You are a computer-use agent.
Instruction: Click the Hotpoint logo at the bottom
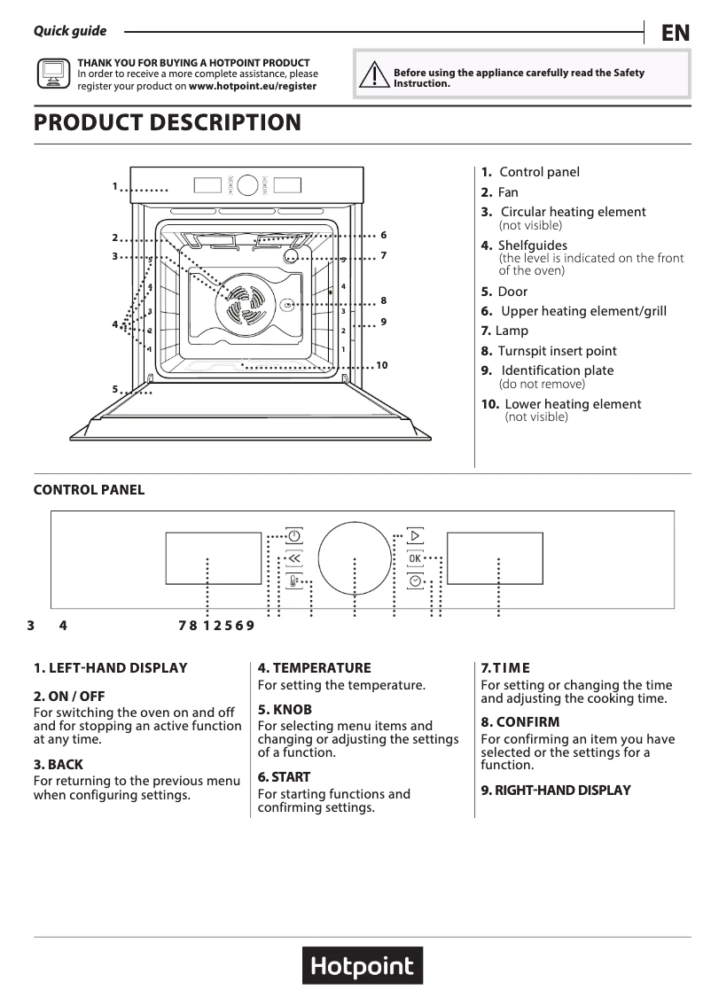[x=363, y=965]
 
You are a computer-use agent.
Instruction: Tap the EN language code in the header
[x=676, y=34]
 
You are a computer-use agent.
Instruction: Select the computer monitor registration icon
[x=52, y=74]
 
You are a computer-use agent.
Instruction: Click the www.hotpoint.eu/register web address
[x=253, y=87]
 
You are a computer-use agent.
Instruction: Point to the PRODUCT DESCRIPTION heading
[x=168, y=122]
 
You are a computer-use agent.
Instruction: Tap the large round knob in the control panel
[x=355, y=558]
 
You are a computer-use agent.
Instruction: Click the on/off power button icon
[x=294, y=536]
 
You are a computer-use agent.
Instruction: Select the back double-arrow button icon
[x=294, y=559]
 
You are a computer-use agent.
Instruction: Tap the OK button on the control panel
[x=415, y=558]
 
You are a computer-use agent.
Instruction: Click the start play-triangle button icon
[x=415, y=536]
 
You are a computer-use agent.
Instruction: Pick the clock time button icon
[x=415, y=581]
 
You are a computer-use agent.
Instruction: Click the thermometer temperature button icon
[x=294, y=582]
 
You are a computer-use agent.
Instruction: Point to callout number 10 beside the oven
[x=381, y=365]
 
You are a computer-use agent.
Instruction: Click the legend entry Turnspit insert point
[x=556, y=351]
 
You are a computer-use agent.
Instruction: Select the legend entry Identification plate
[x=557, y=370]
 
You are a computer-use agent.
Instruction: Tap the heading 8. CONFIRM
[x=520, y=722]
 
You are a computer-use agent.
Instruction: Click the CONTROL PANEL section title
[x=89, y=490]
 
